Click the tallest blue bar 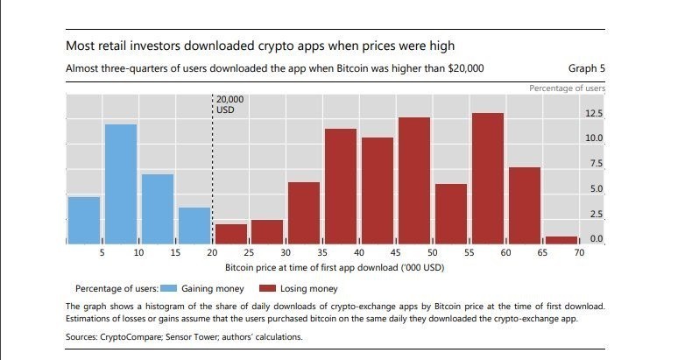coord(121,184)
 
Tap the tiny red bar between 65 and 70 coord(561,239)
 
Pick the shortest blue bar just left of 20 coord(194,225)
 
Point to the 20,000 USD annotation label coord(229,105)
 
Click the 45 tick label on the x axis coord(396,253)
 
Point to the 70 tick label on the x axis coord(579,253)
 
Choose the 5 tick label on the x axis coord(102,253)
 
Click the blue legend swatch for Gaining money coord(169,288)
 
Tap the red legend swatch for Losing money coord(267,288)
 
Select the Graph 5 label coord(586,68)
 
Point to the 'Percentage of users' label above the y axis coord(567,88)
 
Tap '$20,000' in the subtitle coord(459,68)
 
